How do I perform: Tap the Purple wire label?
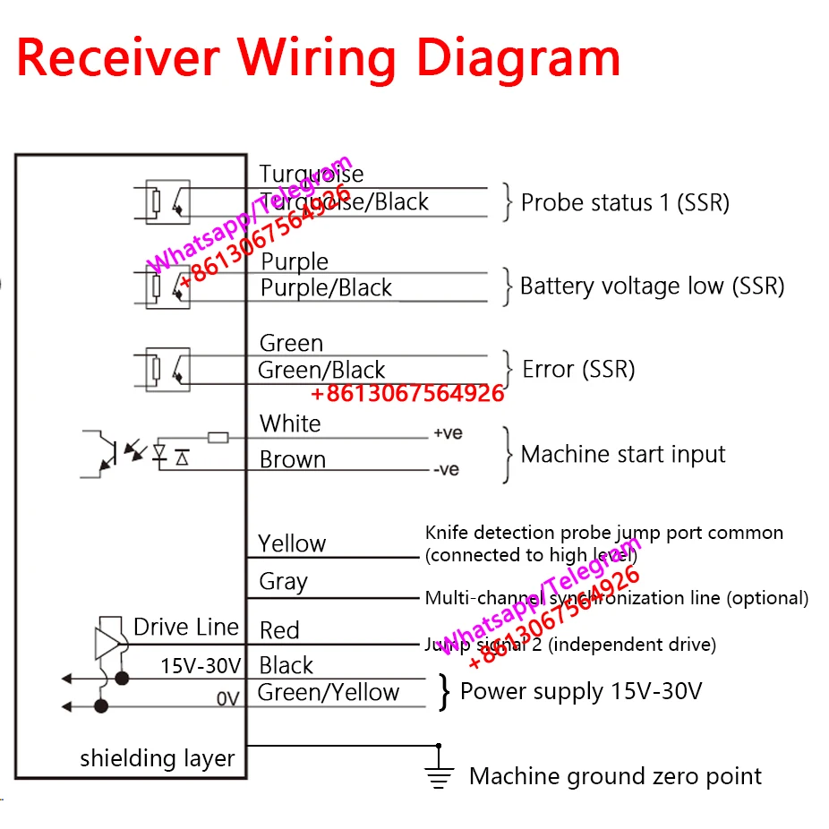[295, 262]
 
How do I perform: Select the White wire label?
[290, 423]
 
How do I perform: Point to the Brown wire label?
[292, 460]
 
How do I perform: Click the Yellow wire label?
[292, 543]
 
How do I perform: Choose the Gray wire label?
[283, 582]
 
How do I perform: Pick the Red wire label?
[279, 630]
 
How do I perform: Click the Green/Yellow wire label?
[328, 692]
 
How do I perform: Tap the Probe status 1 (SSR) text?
[625, 203]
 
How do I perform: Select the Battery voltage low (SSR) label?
[652, 286]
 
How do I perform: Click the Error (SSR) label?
[578, 369]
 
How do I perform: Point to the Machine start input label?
[623, 455]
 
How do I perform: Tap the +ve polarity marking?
[448, 433]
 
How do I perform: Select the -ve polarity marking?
[446, 470]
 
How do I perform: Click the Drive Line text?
[185, 627]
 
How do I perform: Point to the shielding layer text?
[157, 758]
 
